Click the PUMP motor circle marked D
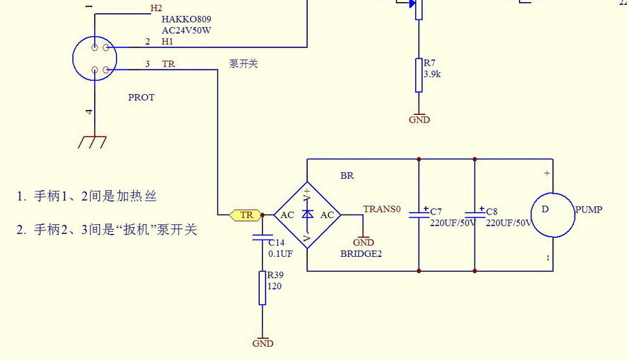(552, 215)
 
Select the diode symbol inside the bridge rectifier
(307, 215)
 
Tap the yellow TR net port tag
(246, 215)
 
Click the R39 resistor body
(262, 288)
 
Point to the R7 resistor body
(419, 75)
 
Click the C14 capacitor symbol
(262, 238)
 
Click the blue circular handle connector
(94, 59)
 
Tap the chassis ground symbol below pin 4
(92, 142)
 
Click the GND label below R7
(419, 120)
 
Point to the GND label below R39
(263, 343)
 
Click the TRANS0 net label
(382, 209)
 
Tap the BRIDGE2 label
(361, 254)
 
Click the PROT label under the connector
(141, 97)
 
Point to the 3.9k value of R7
(433, 73)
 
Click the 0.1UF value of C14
(281, 254)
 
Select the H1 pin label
(167, 42)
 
